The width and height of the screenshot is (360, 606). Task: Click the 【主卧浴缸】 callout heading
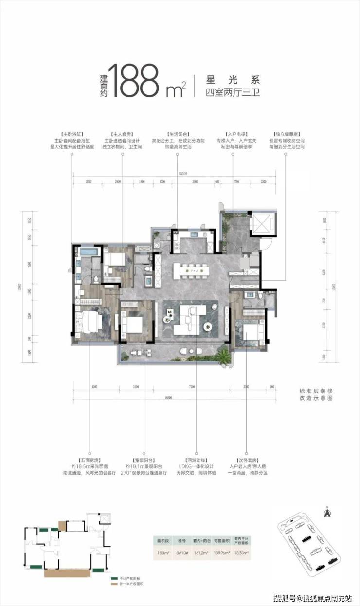click(x=71, y=133)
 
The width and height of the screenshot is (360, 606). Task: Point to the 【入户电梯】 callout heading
click(x=233, y=133)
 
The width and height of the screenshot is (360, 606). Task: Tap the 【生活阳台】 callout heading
click(x=177, y=133)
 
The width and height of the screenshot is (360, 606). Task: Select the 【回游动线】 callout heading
click(x=196, y=460)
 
